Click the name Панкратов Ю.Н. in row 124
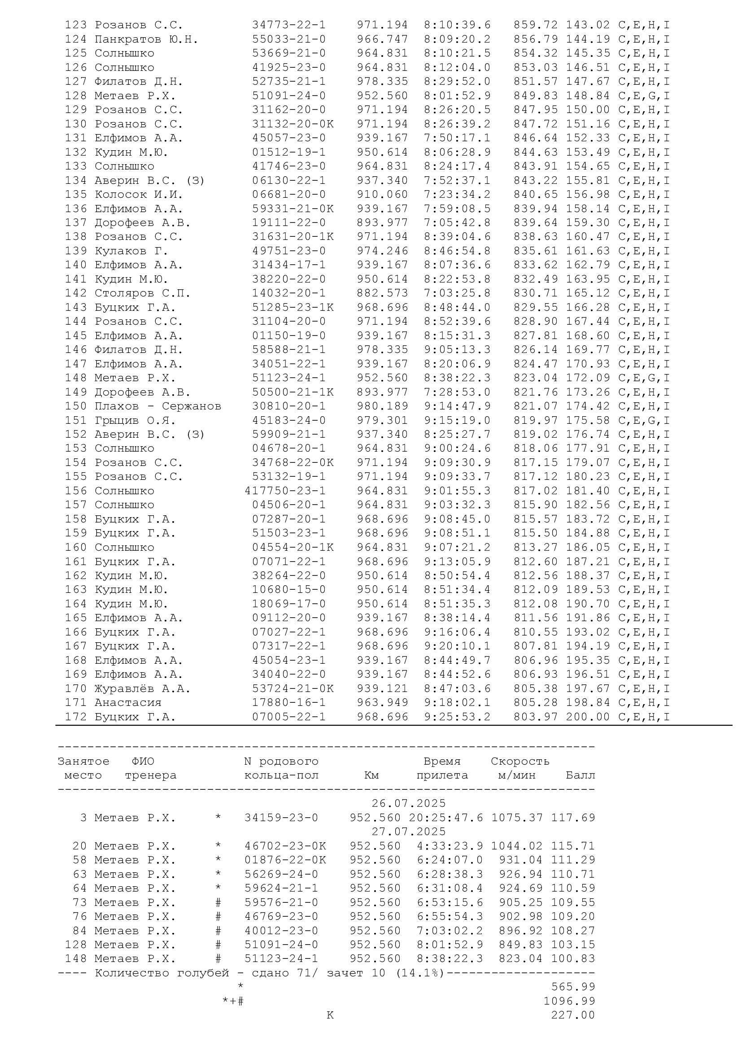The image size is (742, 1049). (146, 39)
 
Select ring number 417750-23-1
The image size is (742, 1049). (285, 491)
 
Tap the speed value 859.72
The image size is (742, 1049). (536, 25)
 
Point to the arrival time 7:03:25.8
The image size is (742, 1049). (457, 293)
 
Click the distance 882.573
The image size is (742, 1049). (382, 293)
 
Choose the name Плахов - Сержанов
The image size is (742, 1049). (157, 406)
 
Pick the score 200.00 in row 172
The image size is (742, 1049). (588, 717)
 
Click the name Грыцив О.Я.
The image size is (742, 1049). (135, 420)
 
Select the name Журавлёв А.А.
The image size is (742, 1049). (142, 688)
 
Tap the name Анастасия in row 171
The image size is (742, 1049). (128, 703)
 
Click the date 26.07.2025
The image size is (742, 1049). (409, 803)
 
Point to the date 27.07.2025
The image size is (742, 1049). (409, 831)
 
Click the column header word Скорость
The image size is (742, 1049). (520, 761)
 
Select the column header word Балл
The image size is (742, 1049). (580, 775)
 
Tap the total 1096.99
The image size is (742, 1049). (569, 1001)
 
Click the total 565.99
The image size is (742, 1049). (573, 987)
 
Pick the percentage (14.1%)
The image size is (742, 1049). (420, 973)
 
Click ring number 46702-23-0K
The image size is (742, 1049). (285, 846)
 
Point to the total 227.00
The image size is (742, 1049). (573, 1015)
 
